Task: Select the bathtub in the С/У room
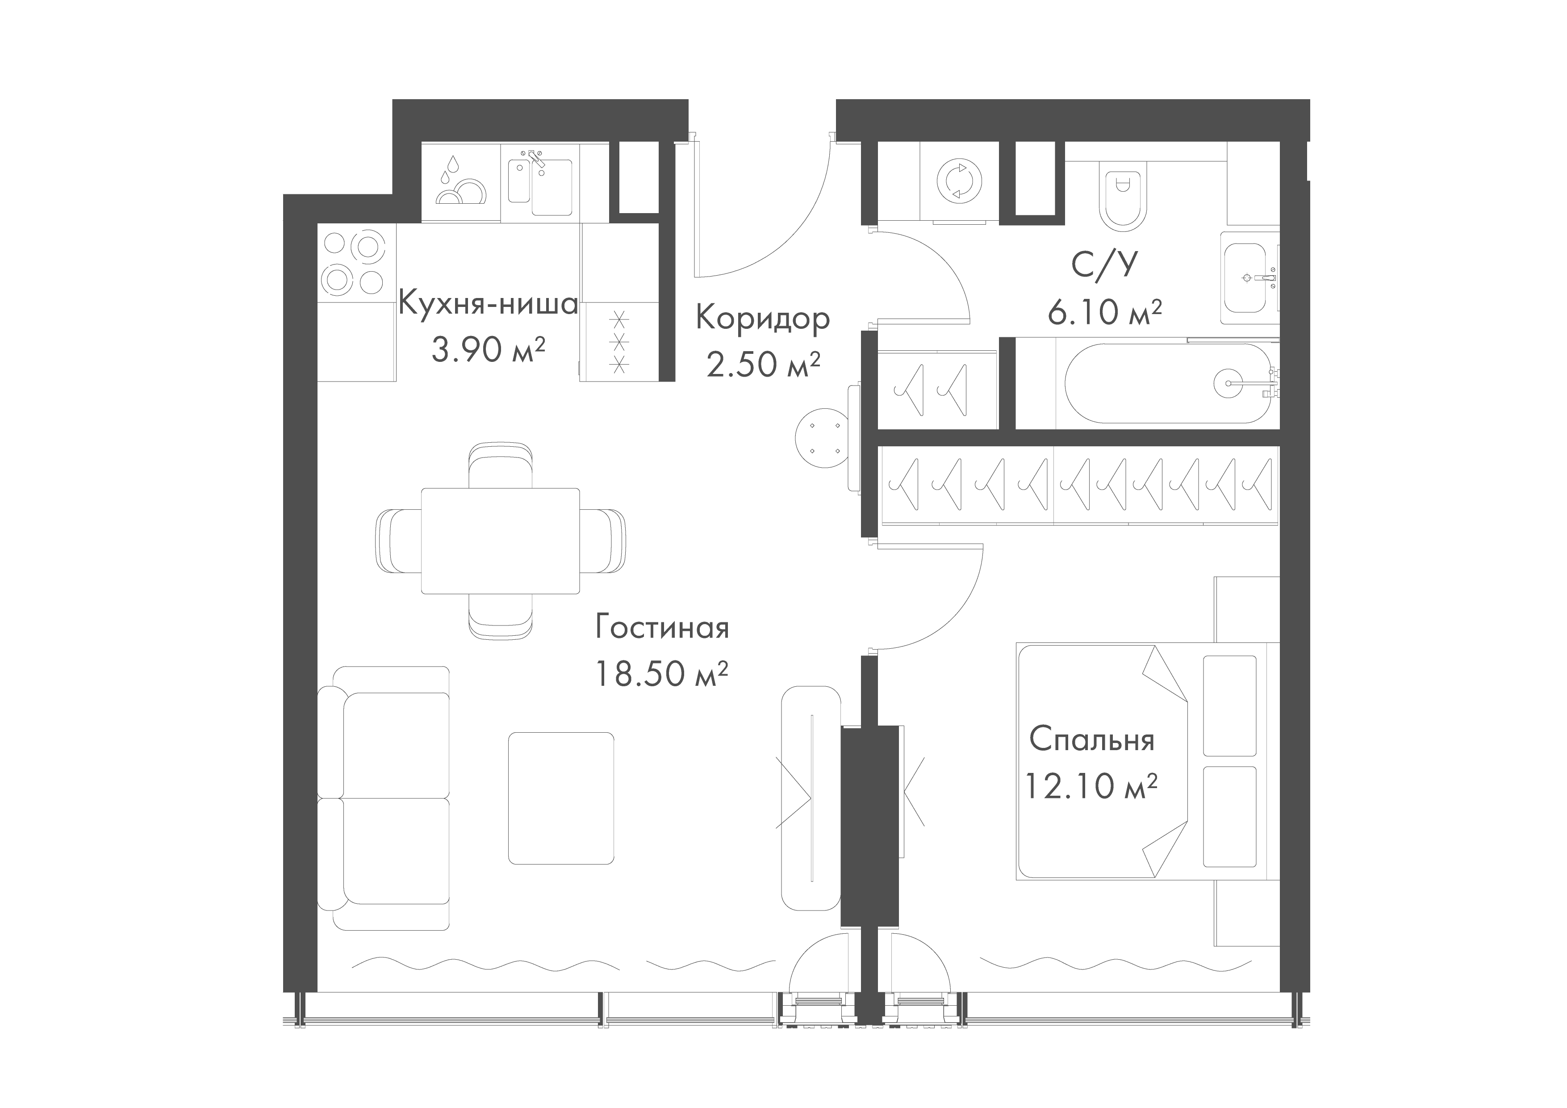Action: coord(1167,383)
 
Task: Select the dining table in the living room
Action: coord(500,541)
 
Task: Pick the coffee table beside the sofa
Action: coord(560,798)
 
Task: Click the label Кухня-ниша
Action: coord(488,303)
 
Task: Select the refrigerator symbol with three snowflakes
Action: coord(620,341)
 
